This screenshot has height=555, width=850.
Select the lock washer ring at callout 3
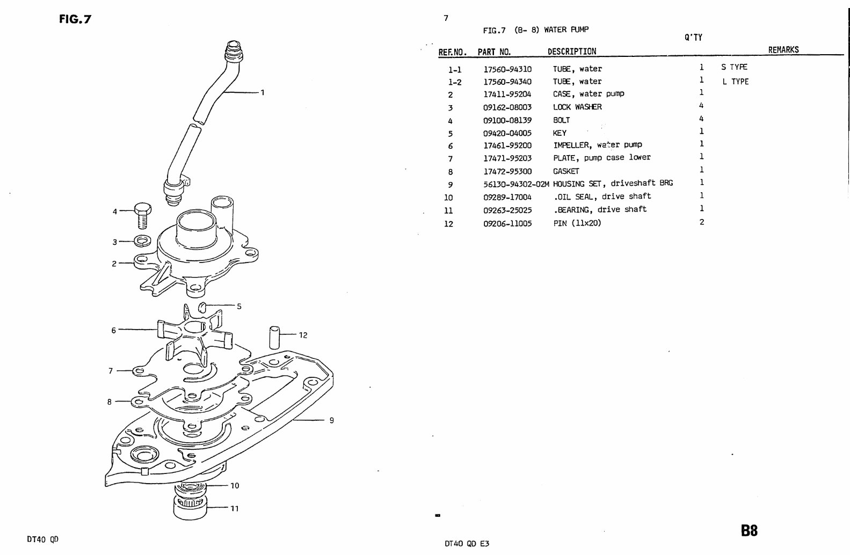coord(141,240)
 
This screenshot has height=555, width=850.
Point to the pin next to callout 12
coord(273,336)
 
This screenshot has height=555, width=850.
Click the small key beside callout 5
coord(202,307)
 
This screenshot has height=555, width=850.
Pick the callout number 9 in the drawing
coord(331,420)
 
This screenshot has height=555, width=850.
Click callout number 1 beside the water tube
coord(262,92)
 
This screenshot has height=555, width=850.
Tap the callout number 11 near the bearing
coord(234,508)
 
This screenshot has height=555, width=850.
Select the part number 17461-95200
coord(507,145)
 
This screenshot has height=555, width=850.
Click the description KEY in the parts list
coord(560,133)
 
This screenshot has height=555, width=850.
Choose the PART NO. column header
coord(494,52)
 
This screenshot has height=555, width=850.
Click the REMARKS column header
coord(783,50)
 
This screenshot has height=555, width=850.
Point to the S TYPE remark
coord(734,67)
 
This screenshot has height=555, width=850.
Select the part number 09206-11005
coord(507,223)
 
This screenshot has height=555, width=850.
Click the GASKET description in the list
coord(566,171)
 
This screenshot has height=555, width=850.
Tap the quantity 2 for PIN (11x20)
coord(701,222)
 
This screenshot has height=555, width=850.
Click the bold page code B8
coord(749,531)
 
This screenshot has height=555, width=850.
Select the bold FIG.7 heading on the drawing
coord(75,20)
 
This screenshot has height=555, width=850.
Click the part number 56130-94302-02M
coord(516,184)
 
